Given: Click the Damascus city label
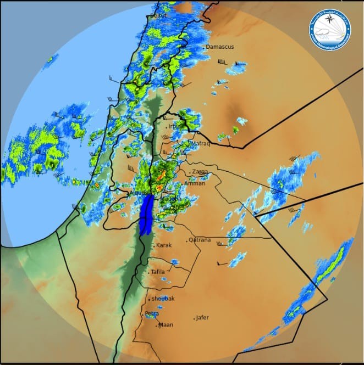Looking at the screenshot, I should tap(220, 47).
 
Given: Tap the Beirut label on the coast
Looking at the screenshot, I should tap(158, 15).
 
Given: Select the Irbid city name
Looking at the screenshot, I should tap(174, 126).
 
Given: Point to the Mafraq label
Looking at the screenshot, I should tap(201, 143).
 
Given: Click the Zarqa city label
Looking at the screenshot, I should tap(200, 172).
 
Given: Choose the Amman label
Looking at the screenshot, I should tap(195, 183).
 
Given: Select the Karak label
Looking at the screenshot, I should tap(164, 245).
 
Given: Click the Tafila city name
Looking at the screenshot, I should tap(158, 272).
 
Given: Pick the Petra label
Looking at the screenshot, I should tap(152, 314).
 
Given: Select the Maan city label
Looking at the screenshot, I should tap(166, 325).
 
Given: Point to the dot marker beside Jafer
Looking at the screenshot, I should tap(195, 318).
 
